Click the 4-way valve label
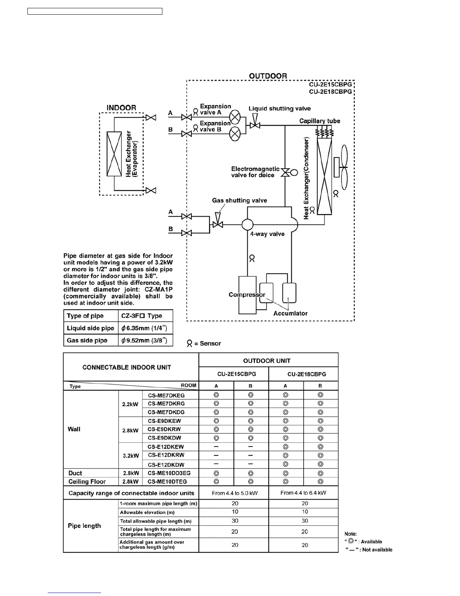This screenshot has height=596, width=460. click(267, 234)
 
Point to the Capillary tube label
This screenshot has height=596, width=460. click(319, 121)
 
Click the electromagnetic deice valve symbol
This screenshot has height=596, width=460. click(285, 173)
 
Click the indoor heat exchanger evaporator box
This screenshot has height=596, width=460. click(114, 154)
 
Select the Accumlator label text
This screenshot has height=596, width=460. click(290, 313)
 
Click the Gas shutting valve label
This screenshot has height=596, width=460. click(239, 201)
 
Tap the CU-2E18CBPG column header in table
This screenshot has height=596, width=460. click(306, 374)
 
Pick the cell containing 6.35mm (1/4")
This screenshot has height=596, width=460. click(145, 328)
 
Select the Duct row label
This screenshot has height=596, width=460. click(75, 473)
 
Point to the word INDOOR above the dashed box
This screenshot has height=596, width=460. click(121, 108)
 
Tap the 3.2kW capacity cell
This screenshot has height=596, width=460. click(130, 456)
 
